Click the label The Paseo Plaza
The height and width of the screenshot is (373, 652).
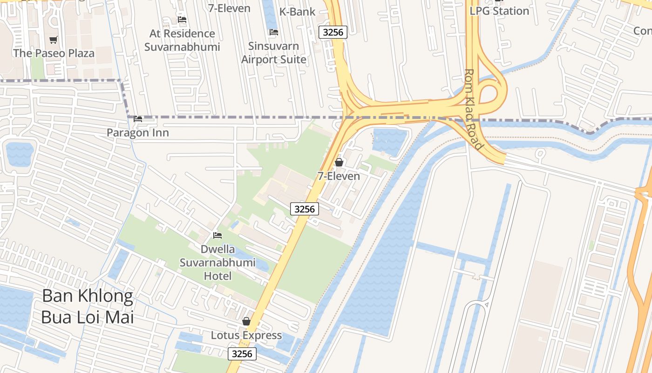click(54, 53)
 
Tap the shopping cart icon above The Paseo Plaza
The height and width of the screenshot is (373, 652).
click(54, 40)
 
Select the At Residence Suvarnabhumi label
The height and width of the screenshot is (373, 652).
click(182, 40)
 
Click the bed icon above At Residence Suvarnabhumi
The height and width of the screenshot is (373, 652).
click(182, 20)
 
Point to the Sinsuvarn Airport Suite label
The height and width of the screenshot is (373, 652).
click(274, 53)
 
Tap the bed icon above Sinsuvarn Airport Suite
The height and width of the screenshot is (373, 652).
click(274, 32)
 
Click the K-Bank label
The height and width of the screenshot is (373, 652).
click(297, 12)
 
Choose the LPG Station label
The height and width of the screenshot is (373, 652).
click(499, 11)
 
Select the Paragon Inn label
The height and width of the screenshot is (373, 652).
click(138, 133)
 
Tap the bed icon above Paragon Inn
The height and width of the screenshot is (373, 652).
click(138, 119)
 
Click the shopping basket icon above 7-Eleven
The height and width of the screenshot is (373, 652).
click(339, 162)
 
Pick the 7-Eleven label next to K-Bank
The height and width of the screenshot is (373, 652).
click(229, 8)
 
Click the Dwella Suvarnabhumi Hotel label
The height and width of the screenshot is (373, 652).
click(218, 262)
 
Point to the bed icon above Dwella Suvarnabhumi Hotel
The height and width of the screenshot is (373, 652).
click(217, 235)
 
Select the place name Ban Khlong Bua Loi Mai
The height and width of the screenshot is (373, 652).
click(88, 306)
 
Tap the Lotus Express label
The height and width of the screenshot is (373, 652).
click(246, 335)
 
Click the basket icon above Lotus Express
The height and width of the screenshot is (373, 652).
click(246, 321)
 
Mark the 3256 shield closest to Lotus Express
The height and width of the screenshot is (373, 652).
click(242, 354)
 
